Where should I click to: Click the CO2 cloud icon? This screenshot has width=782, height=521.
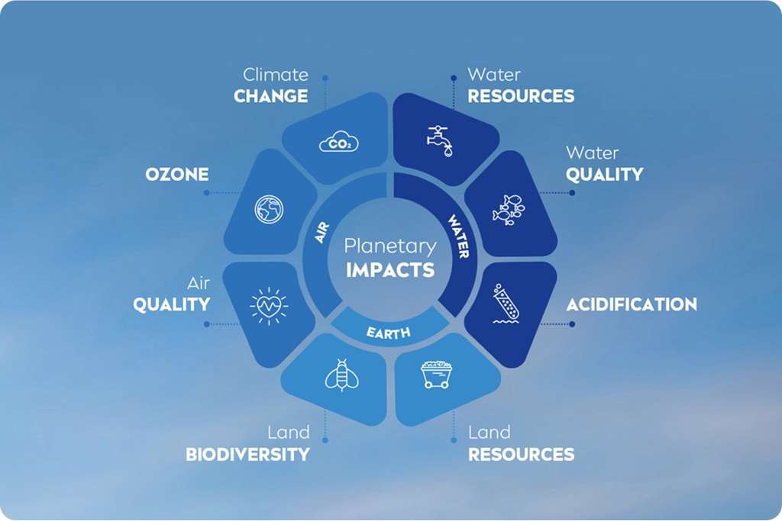(x=339, y=142)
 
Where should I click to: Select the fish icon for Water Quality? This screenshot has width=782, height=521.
(x=509, y=210)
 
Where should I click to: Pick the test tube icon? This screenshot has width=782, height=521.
(x=506, y=304)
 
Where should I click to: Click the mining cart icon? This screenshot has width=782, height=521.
(x=437, y=375)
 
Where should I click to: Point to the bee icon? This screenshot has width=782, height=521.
(x=341, y=375)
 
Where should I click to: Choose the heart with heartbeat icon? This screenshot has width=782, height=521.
(x=269, y=306)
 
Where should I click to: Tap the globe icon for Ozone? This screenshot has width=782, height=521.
(x=270, y=209)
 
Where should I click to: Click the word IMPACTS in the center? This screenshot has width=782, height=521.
(x=390, y=270)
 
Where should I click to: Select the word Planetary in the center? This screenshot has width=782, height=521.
(x=390, y=246)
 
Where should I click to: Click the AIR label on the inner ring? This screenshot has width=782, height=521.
(x=322, y=233)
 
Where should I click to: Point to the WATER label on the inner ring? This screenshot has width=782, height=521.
(x=458, y=236)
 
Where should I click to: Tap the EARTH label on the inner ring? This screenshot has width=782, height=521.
(x=389, y=333)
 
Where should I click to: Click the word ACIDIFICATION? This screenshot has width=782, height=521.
(x=632, y=304)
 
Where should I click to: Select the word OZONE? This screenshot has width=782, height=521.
(x=177, y=175)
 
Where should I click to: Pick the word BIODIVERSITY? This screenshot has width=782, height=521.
(x=248, y=455)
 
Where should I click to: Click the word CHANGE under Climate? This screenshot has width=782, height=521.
(x=271, y=96)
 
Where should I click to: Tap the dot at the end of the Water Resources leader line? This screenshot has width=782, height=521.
(x=454, y=79)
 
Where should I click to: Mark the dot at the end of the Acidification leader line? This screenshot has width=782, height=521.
(x=572, y=324)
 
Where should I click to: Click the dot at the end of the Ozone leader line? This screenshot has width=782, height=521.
(x=207, y=193)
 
